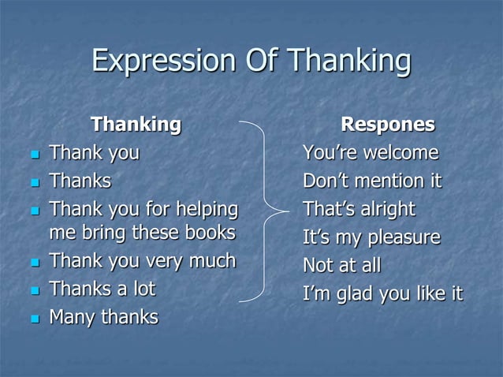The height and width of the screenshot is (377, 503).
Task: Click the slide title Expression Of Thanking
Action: pyautogui.click(x=251, y=62)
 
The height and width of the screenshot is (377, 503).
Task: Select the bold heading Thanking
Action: pyautogui.click(x=136, y=125)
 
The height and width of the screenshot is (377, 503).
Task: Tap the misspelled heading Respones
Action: pyautogui.click(x=387, y=125)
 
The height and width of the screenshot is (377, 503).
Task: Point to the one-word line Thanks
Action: pyautogui.click(x=80, y=181)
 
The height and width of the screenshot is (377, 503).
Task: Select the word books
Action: pyautogui.click(x=207, y=233)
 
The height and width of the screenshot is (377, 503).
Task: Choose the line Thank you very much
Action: pyautogui.click(x=142, y=261)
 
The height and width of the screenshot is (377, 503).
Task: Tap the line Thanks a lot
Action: pyautogui.click(x=102, y=289)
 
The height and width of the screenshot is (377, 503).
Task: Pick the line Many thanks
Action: pyautogui.click(x=103, y=317)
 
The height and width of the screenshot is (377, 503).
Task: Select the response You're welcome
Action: pyautogui.click(x=371, y=152)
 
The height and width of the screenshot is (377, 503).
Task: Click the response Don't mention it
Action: pyautogui.click(x=372, y=181)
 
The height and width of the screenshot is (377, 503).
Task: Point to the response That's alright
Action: pyautogui.click(x=359, y=210)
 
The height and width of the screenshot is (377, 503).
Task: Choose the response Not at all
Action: pyautogui.click(x=341, y=266)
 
